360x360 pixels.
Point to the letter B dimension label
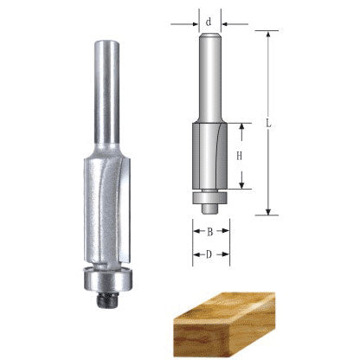tap(210, 232)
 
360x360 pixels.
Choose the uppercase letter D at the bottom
tap(210, 254)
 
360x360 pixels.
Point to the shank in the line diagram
tap(209, 78)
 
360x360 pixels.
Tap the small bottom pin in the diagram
tap(209, 207)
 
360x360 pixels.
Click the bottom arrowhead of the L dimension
tap(270, 212)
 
